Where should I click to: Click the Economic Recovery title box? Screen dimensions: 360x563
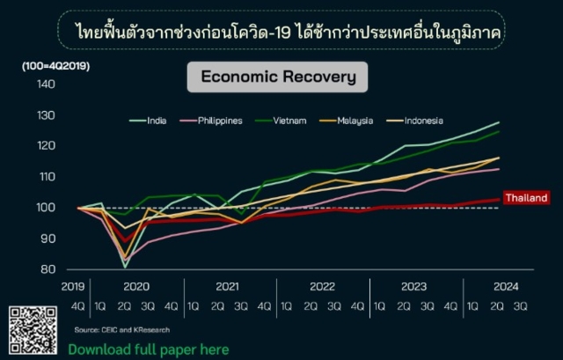tap(278, 77)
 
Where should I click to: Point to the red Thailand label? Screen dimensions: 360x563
tap(526, 198)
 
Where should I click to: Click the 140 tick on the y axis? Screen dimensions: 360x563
tap(46, 84)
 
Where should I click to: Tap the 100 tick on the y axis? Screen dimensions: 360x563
tap(46, 208)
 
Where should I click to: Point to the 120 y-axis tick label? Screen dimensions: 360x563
tap(46, 146)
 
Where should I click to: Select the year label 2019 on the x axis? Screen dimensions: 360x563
tap(72, 286)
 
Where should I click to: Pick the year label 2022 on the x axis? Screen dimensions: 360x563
tap(323, 286)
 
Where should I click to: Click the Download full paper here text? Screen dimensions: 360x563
tap(149, 349)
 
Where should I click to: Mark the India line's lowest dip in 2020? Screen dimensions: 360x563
tap(124, 266)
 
